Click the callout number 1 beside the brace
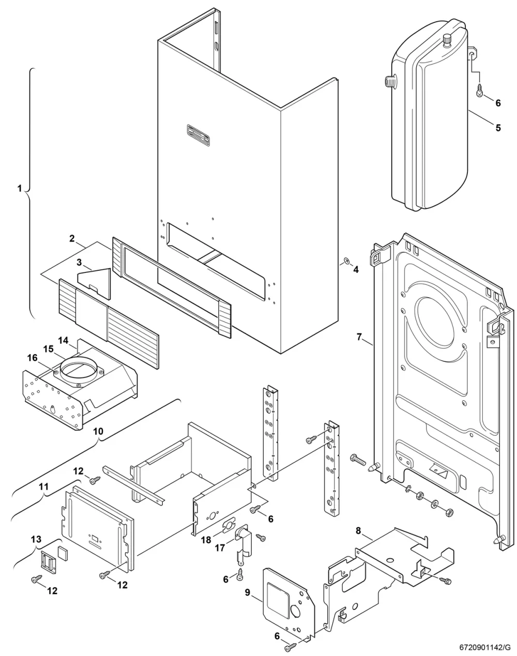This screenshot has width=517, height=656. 20,189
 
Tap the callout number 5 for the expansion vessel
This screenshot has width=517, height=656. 498,128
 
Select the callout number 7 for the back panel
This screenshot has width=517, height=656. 359,337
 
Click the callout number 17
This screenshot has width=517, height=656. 220,548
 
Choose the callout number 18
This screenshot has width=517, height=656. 206,540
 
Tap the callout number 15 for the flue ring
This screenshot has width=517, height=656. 48,349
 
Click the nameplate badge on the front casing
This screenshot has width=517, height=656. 199,135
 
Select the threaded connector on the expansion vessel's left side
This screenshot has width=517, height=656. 390,82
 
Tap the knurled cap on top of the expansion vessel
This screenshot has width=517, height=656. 447,41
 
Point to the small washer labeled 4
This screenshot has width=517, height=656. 346,260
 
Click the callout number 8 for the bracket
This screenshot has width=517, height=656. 358,531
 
